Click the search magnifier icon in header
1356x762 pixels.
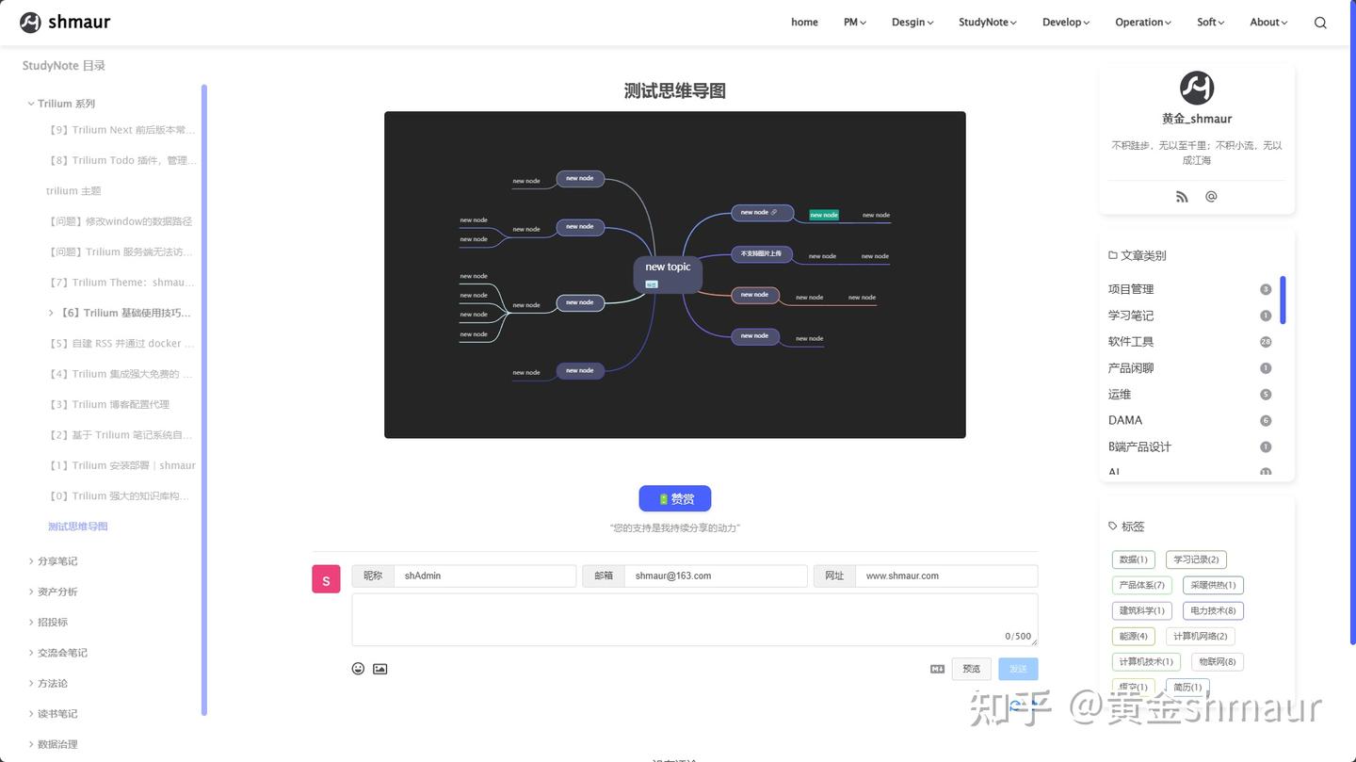tap(1320, 23)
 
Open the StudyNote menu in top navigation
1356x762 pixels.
tap(987, 23)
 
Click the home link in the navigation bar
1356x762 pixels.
tap(804, 23)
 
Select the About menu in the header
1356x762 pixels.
tap(1267, 23)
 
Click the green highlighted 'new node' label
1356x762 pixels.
tap(824, 215)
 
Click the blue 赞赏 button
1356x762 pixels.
tap(674, 498)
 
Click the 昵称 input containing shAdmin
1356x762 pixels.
tap(484, 576)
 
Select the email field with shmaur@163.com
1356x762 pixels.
tap(715, 576)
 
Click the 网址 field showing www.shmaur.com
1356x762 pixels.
tap(945, 576)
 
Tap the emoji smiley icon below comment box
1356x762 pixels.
tap(358, 669)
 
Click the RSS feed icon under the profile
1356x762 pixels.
tap(1182, 197)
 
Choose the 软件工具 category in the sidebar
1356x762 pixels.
tap(1131, 342)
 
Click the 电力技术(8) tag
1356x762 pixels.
tap(1213, 610)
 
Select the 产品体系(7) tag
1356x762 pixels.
tap(1141, 585)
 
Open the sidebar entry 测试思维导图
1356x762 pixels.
tap(78, 527)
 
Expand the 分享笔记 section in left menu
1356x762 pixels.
tap(57, 561)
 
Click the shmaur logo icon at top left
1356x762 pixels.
tap(30, 23)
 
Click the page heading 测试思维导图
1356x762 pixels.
tap(674, 91)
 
